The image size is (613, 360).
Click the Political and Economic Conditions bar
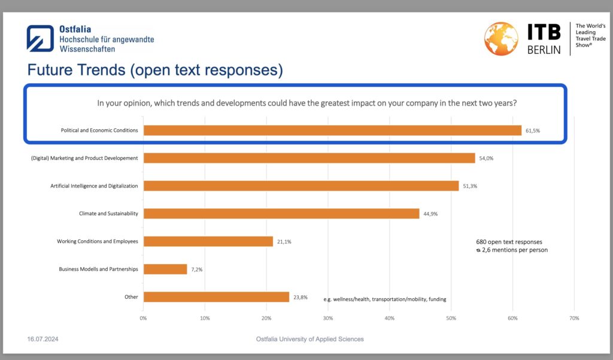(x=332, y=131)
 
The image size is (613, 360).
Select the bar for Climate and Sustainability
(x=281, y=214)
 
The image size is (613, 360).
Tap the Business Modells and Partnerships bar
(x=165, y=269)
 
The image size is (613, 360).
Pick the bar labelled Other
(x=216, y=297)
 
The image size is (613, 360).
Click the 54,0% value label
(x=486, y=159)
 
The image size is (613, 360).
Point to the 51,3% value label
(x=470, y=186)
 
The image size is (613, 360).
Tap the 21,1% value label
(x=284, y=242)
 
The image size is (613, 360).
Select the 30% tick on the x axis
(x=328, y=319)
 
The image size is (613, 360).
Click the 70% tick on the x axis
(x=574, y=319)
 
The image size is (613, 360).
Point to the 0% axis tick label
(x=143, y=319)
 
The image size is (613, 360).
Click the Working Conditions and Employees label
(x=98, y=241)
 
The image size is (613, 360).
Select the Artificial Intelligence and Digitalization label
(x=94, y=186)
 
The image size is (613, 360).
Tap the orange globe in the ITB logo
(x=501, y=39)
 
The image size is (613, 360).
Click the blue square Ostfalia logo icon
(x=40, y=38)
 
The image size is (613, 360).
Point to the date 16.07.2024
(x=43, y=339)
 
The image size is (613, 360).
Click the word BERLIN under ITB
(x=544, y=50)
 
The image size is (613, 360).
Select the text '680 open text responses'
(x=509, y=242)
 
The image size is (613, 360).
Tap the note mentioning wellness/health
(x=385, y=300)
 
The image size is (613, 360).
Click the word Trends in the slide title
(x=101, y=70)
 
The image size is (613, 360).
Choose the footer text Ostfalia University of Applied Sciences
(x=309, y=339)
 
